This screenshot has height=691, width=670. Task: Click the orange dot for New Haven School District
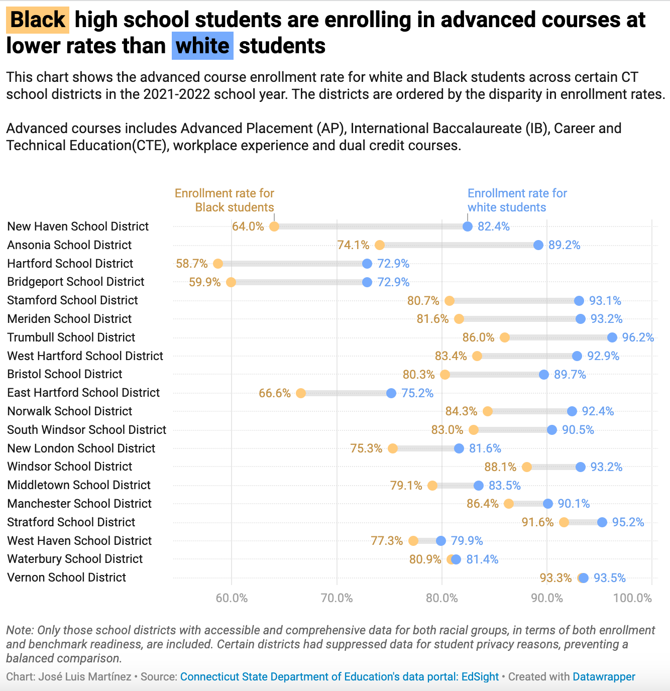click(274, 226)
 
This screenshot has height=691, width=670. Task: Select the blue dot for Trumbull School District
click(612, 337)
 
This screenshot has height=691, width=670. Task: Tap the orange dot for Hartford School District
click(218, 264)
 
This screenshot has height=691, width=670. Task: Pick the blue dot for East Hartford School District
click(391, 393)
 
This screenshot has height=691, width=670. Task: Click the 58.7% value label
click(192, 264)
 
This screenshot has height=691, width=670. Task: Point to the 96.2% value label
click(638, 337)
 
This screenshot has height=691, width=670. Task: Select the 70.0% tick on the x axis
click(337, 598)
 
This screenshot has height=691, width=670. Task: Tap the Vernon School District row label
click(67, 578)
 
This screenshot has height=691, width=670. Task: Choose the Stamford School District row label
click(72, 300)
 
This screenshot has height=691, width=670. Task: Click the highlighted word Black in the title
click(38, 20)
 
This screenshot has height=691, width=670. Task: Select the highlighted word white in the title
click(202, 46)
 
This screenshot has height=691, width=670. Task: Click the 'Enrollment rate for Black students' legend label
click(225, 200)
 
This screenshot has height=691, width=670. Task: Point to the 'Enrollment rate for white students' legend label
click(517, 200)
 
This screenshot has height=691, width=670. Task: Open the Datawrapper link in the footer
click(604, 677)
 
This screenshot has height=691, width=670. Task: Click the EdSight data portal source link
click(340, 677)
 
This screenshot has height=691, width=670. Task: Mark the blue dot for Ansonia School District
click(538, 245)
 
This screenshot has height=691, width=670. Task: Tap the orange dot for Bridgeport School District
click(231, 282)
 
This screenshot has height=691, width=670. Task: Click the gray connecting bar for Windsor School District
click(553, 467)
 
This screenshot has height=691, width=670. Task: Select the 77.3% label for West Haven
click(387, 541)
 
